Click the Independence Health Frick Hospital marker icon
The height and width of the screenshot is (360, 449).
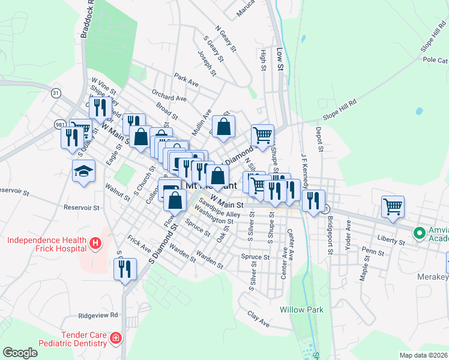[x=95, y=244]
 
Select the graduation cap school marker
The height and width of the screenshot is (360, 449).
[x=83, y=172]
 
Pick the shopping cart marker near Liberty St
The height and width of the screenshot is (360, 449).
[x=393, y=207]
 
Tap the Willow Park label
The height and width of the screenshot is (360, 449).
[x=301, y=310]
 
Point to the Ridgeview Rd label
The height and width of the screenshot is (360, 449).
[x=98, y=315]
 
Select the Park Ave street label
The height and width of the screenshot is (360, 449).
[x=186, y=79]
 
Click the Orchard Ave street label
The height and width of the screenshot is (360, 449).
[x=169, y=97]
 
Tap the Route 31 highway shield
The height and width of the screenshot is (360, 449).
[x=56, y=93]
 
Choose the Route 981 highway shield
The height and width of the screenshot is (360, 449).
[x=60, y=124]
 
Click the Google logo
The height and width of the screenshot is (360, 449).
[x=20, y=353]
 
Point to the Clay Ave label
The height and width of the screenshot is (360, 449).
[x=259, y=314]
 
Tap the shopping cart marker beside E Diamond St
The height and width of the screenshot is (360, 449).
[x=262, y=136]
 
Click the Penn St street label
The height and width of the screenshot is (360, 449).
[x=373, y=251]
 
